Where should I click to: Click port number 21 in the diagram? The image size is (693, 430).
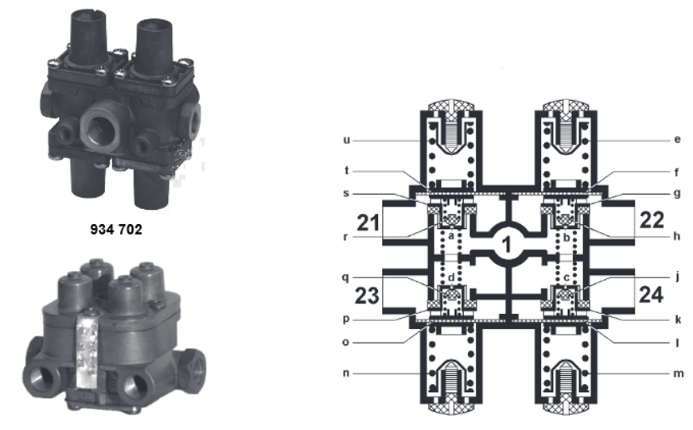pyautogui.click(x=368, y=223)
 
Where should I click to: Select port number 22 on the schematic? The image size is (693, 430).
pyautogui.click(x=652, y=220)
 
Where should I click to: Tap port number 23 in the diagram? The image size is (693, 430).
pyautogui.click(x=367, y=296)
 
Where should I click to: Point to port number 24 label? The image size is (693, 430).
pyautogui.click(x=651, y=294)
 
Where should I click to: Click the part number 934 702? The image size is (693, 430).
pyautogui.click(x=116, y=229)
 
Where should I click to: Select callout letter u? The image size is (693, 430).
pyautogui.click(x=347, y=141)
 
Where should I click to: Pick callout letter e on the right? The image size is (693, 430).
pyautogui.click(x=678, y=140)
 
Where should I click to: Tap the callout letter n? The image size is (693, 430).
pyautogui.click(x=346, y=374)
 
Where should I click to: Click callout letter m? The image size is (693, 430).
pyautogui.click(x=679, y=374)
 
